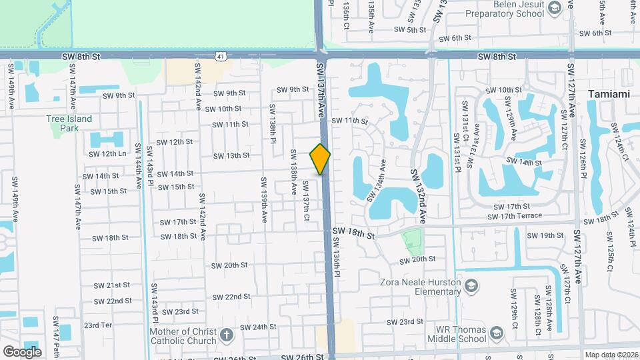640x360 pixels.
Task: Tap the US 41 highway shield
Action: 219,57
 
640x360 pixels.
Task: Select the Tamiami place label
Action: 608,94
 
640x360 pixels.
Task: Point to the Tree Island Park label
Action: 69,123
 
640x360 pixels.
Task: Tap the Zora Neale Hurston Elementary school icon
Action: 471,286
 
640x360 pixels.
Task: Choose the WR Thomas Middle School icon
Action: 497,333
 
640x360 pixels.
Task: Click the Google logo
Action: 22,351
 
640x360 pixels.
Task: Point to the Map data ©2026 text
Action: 611,355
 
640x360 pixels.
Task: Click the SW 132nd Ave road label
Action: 419,195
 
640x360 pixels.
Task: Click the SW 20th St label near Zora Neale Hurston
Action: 417,259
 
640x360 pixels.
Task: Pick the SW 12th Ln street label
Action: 104,153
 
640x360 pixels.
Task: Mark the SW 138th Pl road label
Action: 273,123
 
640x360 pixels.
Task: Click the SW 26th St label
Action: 302,357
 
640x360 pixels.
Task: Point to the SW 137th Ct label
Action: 306,201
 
